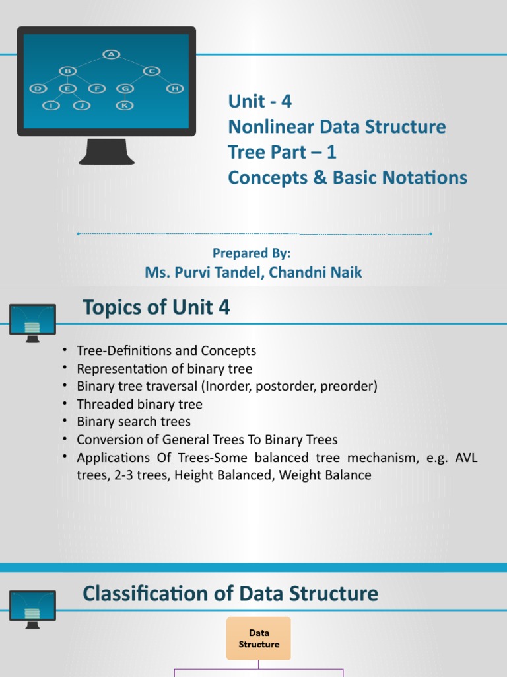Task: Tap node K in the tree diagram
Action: (x=124, y=105)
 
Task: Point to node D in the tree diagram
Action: (x=38, y=88)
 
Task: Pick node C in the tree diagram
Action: (x=151, y=71)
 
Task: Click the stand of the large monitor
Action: (x=106, y=151)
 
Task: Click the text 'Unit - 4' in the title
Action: (x=259, y=101)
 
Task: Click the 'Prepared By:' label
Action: (x=252, y=253)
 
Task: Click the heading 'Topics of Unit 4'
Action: (x=156, y=307)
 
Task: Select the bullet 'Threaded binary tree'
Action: (x=139, y=404)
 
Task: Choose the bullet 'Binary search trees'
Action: (x=133, y=422)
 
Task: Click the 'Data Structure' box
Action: (x=259, y=639)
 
